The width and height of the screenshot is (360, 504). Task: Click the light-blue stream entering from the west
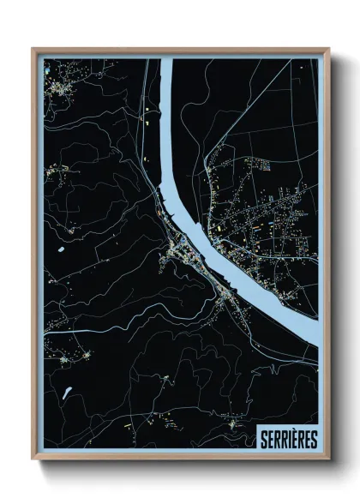pyautogui.click(x=86, y=330)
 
